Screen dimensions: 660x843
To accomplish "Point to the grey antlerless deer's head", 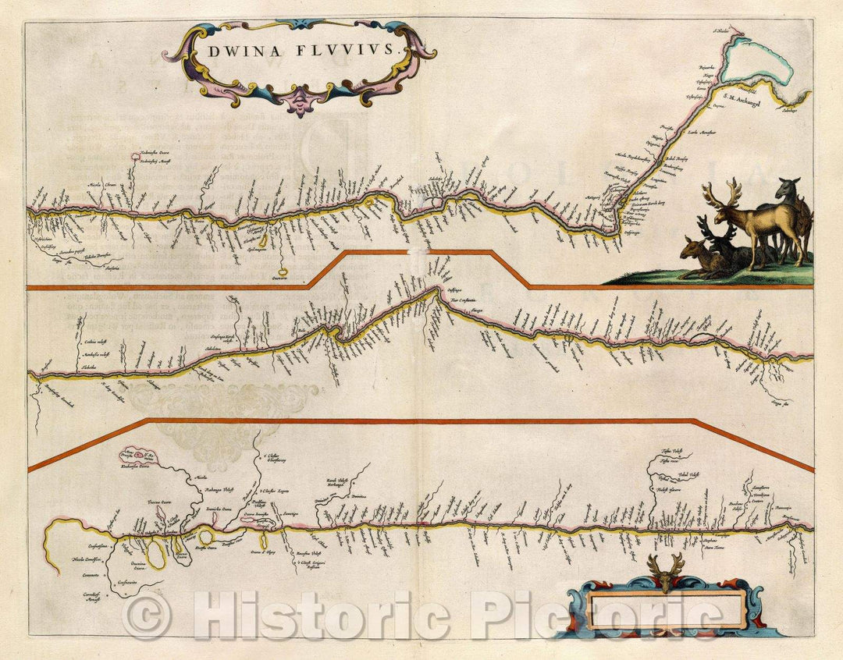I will pos(789,188).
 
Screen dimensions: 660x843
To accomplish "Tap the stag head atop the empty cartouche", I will pos(665,572).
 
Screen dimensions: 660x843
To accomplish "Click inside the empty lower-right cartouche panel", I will pos(665,609).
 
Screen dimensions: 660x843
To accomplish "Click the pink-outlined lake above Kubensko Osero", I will pos(140,455).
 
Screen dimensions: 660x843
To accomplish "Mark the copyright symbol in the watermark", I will pos(147,616).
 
